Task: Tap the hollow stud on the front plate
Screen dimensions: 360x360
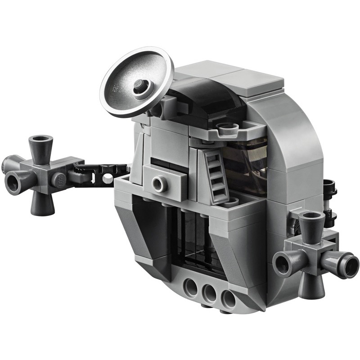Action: coord(158,183)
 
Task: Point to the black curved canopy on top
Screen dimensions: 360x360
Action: coord(202,97)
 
